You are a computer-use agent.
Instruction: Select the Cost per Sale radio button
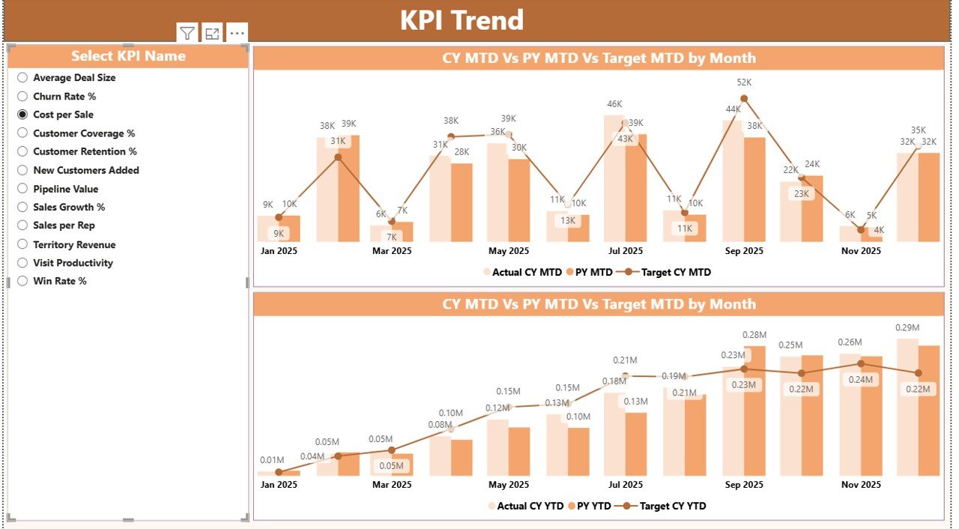pos(22,115)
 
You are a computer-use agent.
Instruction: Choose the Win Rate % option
pos(22,281)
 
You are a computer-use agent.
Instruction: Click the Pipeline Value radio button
pos(22,189)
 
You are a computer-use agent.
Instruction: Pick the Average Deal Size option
pos(22,77)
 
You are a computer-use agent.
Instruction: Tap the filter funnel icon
pos(187,33)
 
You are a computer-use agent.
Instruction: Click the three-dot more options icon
pos(237,33)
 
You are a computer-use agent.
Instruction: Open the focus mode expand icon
pos(212,33)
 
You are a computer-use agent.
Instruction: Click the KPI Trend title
pos(462,20)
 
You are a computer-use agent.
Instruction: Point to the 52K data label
pos(744,82)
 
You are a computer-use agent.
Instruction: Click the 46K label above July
pos(614,104)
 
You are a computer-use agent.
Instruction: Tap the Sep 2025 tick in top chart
pos(744,251)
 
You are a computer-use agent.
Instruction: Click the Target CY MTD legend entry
pos(668,272)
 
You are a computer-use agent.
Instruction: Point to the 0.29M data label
pos(907,327)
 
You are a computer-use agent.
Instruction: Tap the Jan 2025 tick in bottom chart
pos(279,485)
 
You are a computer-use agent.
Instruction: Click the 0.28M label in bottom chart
pos(754,335)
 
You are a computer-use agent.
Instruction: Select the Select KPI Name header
pos(128,56)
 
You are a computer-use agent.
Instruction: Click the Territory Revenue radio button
pos(22,244)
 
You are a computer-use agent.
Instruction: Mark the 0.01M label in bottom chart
pos(272,460)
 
